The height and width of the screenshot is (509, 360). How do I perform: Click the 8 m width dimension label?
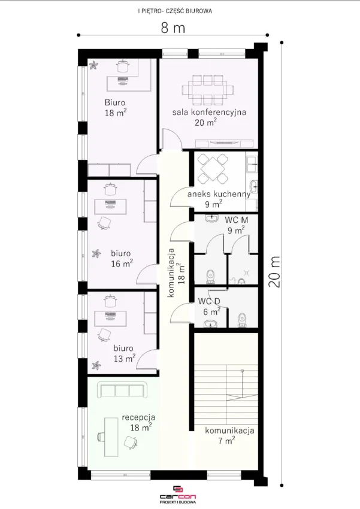point(173,28)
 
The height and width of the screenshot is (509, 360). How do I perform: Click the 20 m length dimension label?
point(274,272)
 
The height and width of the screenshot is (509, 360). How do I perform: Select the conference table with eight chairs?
point(207,90)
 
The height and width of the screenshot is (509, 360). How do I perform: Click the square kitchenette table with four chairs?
point(213,168)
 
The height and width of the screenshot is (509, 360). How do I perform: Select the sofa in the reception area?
point(123,390)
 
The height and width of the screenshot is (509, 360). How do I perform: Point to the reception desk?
point(111,437)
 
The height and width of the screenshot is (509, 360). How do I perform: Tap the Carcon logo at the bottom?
point(177,495)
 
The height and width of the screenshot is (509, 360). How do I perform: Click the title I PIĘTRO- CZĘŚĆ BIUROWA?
point(175,11)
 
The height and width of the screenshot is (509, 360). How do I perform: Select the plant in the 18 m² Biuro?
point(94,65)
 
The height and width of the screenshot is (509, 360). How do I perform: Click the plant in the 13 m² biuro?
point(96,365)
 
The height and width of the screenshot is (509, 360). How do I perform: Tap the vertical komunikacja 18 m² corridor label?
point(176,272)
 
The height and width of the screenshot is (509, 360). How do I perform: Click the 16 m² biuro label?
point(121,259)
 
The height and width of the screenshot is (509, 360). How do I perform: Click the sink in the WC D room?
point(211,323)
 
